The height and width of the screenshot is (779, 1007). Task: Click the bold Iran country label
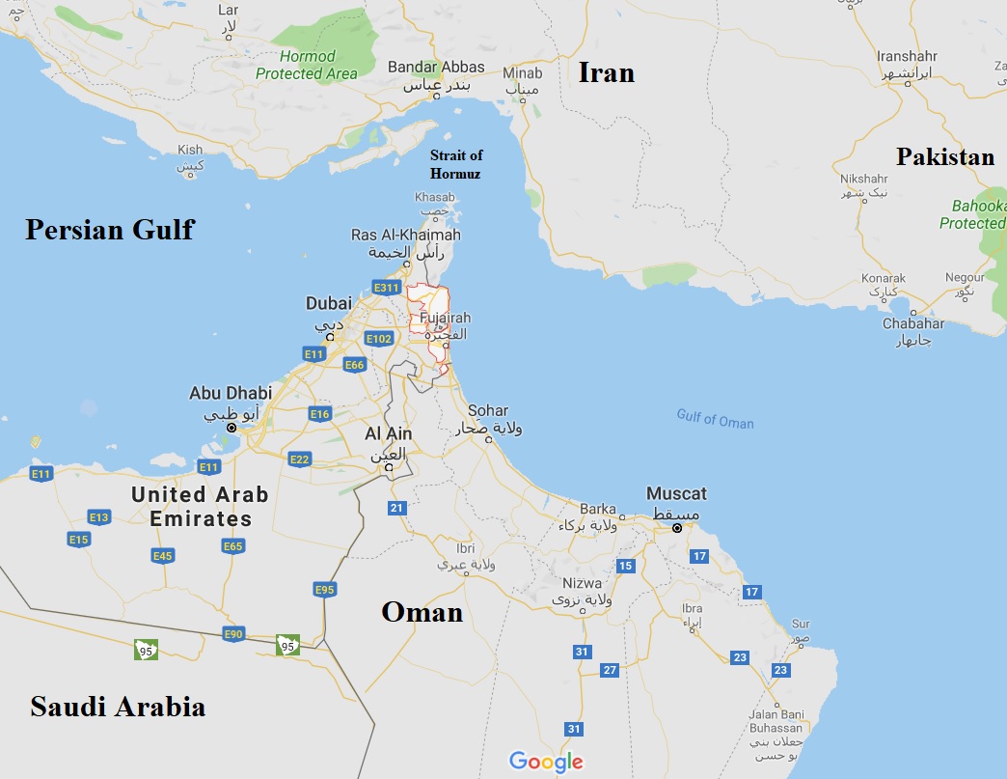coord(606,71)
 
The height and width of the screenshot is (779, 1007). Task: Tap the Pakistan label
coord(944,156)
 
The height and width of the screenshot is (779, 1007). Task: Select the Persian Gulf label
coord(109,229)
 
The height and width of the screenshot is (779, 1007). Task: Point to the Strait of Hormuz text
coord(456,164)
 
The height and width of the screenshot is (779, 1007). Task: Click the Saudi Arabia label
coord(118,707)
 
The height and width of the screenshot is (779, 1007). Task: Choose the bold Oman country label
coord(422,611)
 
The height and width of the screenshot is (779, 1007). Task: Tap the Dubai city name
coord(329,303)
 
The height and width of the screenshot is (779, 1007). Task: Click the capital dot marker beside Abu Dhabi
coord(231,427)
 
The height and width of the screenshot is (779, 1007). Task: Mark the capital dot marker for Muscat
coord(677,528)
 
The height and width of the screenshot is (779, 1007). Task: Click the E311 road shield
coord(386,288)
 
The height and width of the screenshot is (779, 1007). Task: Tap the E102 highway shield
coord(378,339)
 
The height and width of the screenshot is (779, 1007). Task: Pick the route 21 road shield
coord(396,508)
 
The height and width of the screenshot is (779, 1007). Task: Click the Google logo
coord(546,761)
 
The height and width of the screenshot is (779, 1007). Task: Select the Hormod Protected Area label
coord(307,65)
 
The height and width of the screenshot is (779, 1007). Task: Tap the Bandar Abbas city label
coord(436,68)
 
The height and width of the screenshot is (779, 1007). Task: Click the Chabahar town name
coord(912,323)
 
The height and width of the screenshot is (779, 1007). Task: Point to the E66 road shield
coord(354,365)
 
